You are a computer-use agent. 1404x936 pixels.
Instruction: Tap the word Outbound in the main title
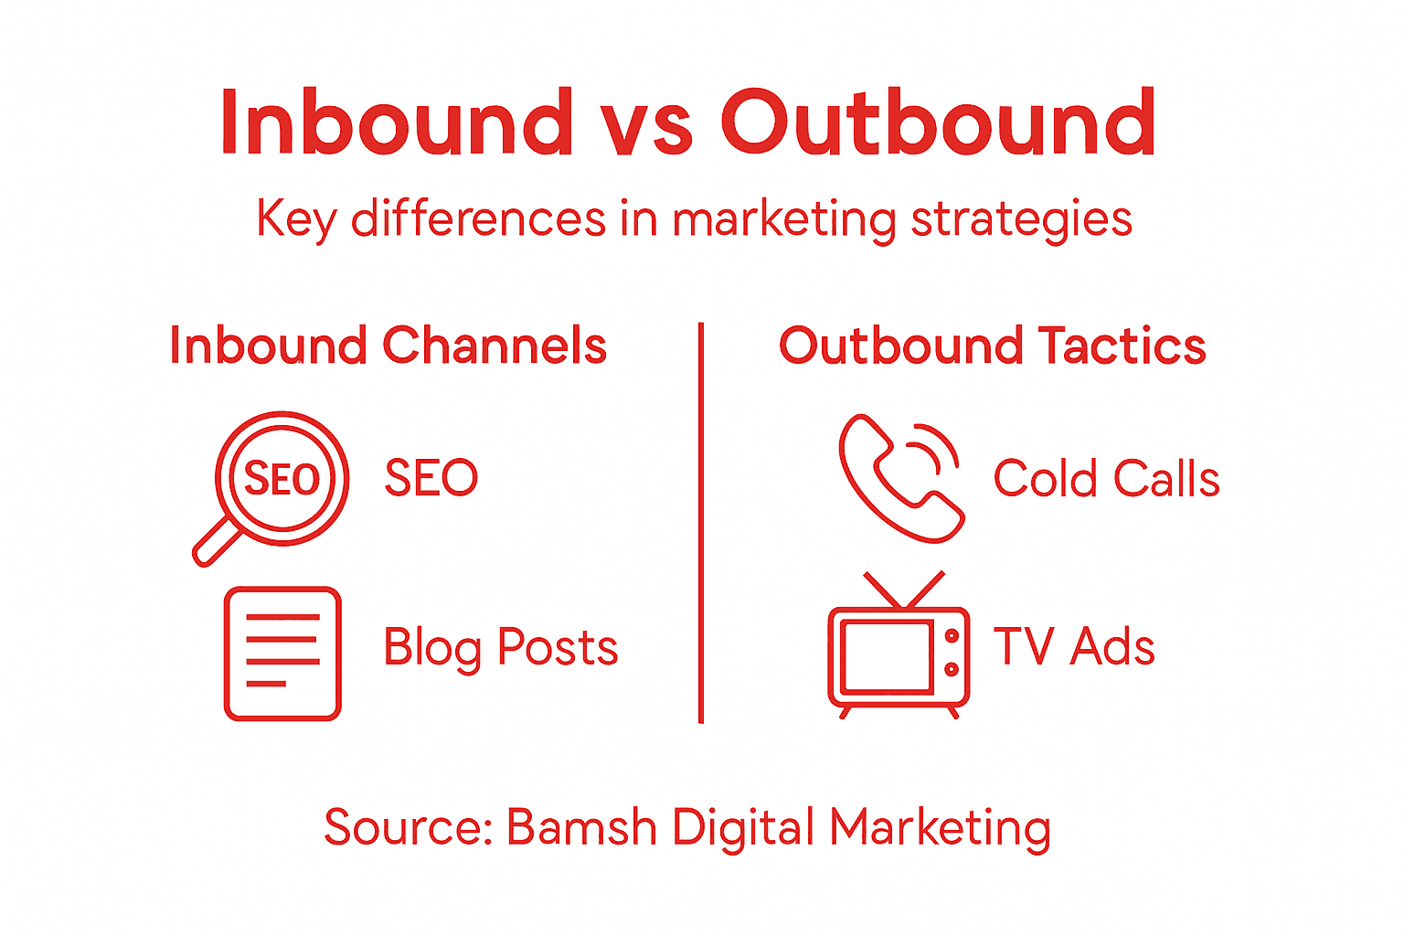click(939, 122)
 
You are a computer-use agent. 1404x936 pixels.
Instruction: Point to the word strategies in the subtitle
click(1022, 220)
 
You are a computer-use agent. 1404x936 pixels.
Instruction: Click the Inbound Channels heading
click(388, 346)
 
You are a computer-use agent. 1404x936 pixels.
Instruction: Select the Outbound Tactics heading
click(992, 346)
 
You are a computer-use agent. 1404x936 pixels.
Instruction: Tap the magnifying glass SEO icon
click(282, 478)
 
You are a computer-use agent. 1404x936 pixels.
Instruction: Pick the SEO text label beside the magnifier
click(431, 478)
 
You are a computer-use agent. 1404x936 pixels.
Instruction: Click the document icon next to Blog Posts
click(282, 654)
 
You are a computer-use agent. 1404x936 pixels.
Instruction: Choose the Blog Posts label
click(500, 648)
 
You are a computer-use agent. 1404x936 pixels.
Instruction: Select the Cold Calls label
click(1106, 479)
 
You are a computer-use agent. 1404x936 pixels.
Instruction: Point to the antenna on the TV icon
click(903, 590)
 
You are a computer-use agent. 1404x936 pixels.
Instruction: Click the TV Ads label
click(1074, 647)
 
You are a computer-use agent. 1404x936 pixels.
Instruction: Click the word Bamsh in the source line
click(581, 827)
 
